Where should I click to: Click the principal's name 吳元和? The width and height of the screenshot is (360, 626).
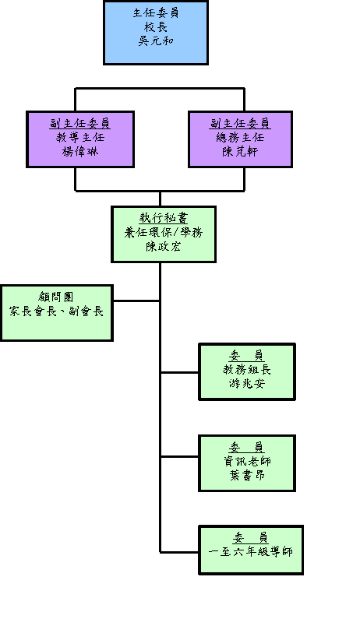[156, 41]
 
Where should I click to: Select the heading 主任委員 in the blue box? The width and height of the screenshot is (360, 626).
[156, 12]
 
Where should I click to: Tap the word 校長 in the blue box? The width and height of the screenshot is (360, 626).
[156, 27]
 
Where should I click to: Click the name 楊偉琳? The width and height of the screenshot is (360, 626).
[80, 152]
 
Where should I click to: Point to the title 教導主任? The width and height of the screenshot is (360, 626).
[80, 138]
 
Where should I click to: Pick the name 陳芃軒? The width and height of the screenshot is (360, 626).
[240, 152]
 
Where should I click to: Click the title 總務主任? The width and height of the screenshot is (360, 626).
[240, 138]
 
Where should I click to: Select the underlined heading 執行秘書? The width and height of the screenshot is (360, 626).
[164, 218]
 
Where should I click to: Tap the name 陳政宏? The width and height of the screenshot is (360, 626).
[164, 246]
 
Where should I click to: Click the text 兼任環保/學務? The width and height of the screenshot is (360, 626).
[164, 232]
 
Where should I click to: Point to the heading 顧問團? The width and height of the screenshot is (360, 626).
[56, 297]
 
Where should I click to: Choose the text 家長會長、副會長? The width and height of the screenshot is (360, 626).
[56, 311]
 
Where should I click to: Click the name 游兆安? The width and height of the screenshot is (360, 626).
[247, 384]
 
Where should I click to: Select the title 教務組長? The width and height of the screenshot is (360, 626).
[247, 369]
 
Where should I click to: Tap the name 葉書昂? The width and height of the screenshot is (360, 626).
[247, 476]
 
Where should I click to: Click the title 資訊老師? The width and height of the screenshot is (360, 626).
[247, 461]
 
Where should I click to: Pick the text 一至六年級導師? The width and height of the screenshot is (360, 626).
[251, 552]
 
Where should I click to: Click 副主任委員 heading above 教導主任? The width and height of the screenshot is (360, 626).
[80, 123]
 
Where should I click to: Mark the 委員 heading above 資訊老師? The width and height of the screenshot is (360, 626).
[247, 447]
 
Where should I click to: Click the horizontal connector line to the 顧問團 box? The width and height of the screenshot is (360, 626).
[136, 301]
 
